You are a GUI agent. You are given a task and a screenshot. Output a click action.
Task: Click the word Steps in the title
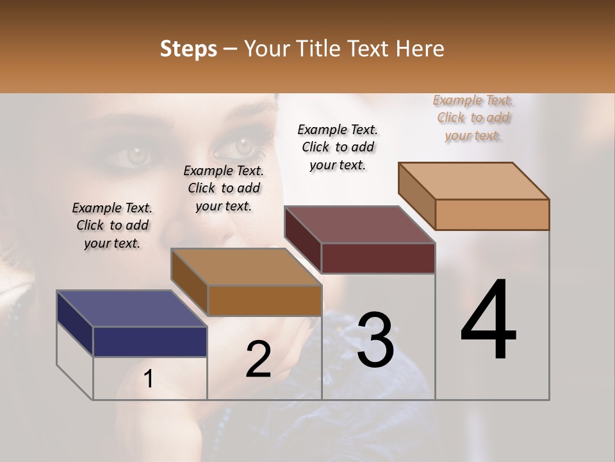pos(188,49)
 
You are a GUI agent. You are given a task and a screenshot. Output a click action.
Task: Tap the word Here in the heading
pos(420,49)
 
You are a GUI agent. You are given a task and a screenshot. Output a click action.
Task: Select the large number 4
pos(488,320)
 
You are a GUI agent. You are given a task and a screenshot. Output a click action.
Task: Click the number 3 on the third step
pos(375,340)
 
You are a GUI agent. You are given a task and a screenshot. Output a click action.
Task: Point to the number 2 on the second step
pos(258,359)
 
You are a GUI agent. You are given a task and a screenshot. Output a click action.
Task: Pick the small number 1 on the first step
pos(149,379)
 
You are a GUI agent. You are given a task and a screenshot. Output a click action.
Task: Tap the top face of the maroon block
pos(359,225)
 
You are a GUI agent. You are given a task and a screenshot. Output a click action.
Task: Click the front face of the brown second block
pos(265,300)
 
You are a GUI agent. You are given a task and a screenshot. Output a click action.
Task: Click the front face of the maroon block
pos(378,258)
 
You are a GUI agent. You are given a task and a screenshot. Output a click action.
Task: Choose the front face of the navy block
pos(150,341)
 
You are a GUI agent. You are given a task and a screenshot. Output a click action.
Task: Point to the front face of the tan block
pos(492,214)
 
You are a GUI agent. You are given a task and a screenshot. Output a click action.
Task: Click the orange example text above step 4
pos(473,118)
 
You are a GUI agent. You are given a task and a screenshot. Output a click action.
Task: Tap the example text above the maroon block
pos(338,147)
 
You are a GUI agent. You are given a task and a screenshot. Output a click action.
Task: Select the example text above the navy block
pos(112,225)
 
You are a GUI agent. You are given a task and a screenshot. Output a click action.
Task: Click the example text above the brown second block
pos(224,188)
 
